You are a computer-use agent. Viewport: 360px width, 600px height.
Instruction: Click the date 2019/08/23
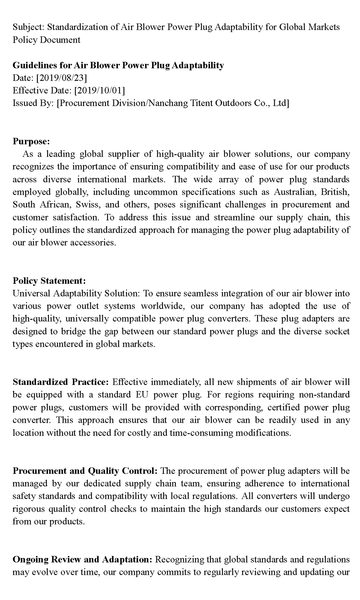click(x=61, y=78)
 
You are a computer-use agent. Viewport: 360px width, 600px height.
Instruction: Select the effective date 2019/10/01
click(x=100, y=91)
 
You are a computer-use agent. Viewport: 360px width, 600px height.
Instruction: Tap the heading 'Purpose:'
click(x=31, y=141)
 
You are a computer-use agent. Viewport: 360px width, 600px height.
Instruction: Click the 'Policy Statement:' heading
click(x=49, y=281)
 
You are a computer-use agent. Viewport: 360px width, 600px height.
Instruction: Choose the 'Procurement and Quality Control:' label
click(x=85, y=471)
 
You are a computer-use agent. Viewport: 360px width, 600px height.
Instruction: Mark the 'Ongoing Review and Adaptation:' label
click(x=83, y=559)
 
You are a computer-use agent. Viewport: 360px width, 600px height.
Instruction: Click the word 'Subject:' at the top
click(x=28, y=27)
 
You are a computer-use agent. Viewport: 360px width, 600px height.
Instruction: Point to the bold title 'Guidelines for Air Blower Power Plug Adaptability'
click(x=118, y=65)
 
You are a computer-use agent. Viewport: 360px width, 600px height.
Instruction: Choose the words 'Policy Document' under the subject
click(x=46, y=40)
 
